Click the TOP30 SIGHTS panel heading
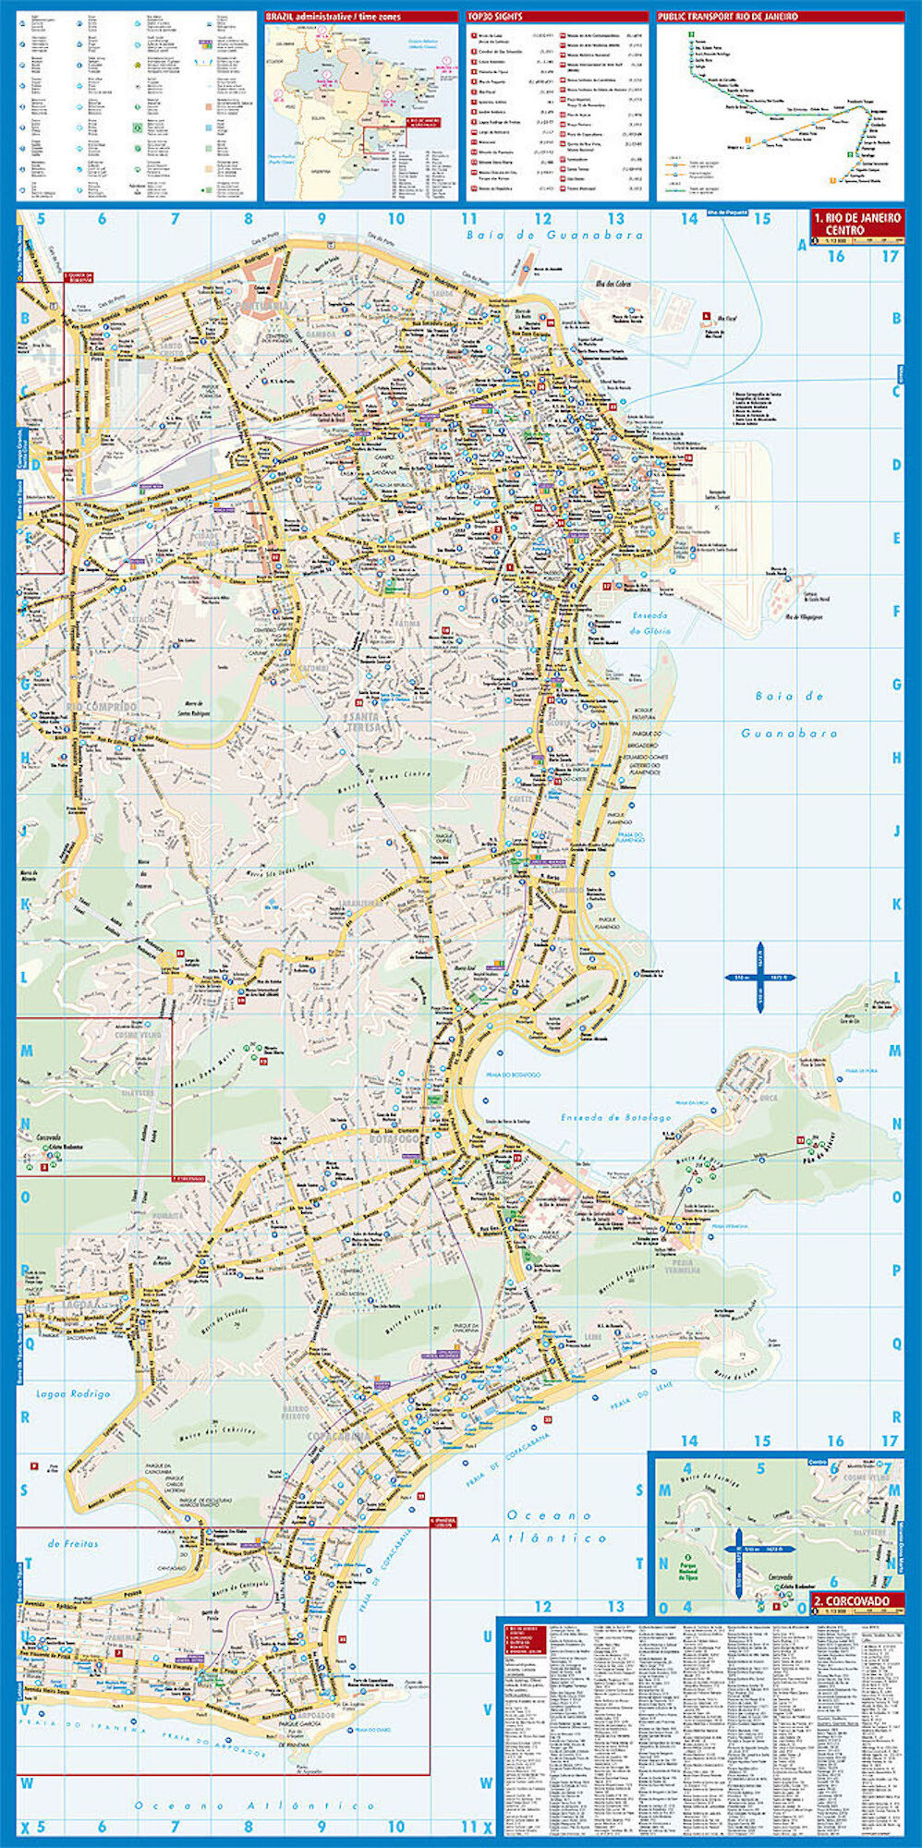(x=494, y=17)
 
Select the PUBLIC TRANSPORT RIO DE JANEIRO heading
(x=727, y=17)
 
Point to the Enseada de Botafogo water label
(x=615, y=1117)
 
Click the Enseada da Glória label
(x=651, y=623)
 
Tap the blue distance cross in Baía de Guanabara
(x=760, y=977)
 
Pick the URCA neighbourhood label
(x=769, y=1098)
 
